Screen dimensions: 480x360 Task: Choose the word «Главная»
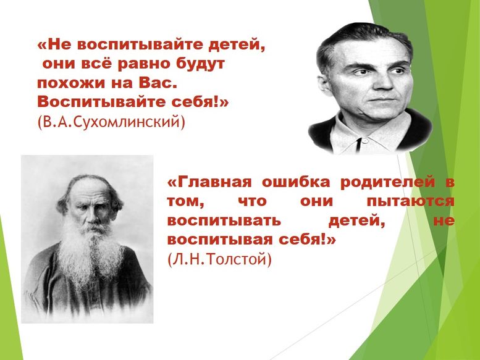210,182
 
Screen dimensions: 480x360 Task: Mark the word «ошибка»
296,182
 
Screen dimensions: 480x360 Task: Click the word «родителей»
387,183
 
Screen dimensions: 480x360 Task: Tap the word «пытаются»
411,201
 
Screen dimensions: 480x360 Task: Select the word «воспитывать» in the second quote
224,220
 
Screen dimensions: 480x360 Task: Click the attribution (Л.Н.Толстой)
219,259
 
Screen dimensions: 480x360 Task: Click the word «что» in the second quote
252,201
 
